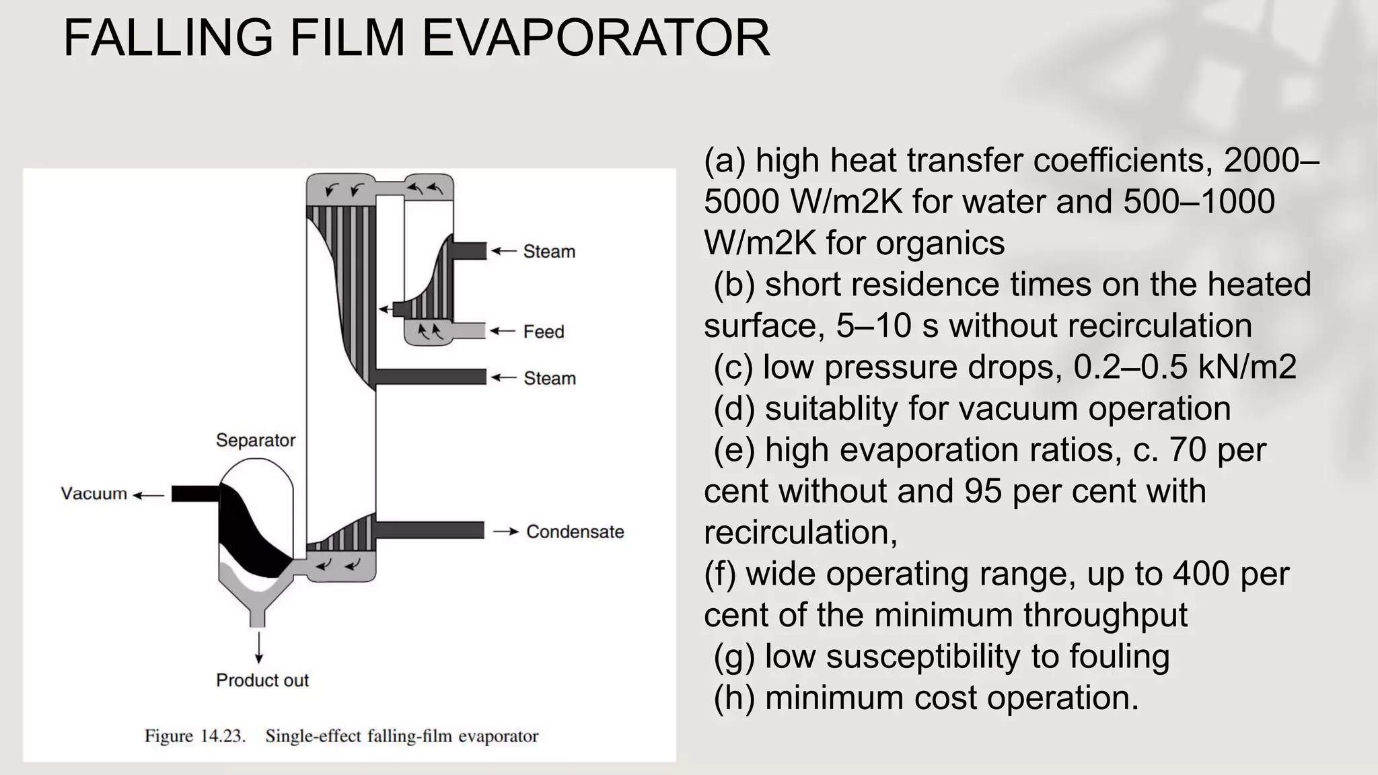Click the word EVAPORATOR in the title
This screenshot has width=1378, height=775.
[x=595, y=38]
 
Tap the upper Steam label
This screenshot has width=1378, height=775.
[x=549, y=252]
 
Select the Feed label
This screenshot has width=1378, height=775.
[x=544, y=332]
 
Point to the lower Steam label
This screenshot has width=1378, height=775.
[x=550, y=378]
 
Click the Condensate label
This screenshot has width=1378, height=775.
[x=575, y=532]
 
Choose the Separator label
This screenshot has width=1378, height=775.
[x=256, y=441]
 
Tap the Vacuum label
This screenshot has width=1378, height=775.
[x=94, y=494]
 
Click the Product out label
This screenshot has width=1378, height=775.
[x=262, y=680]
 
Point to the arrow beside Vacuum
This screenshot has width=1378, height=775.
[x=148, y=496]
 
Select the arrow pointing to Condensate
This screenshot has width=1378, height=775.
[x=505, y=532]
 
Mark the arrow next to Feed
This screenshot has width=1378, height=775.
[x=502, y=331]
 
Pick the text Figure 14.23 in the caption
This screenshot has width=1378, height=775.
[x=195, y=736]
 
